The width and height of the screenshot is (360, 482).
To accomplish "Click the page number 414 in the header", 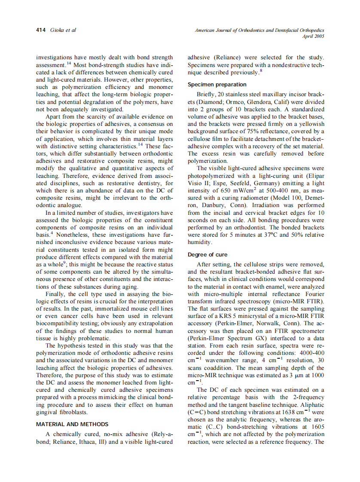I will coord(41,30).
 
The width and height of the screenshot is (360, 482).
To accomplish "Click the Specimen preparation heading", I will coord(217,85).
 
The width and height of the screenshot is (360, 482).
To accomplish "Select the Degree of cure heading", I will coord(207,255).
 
